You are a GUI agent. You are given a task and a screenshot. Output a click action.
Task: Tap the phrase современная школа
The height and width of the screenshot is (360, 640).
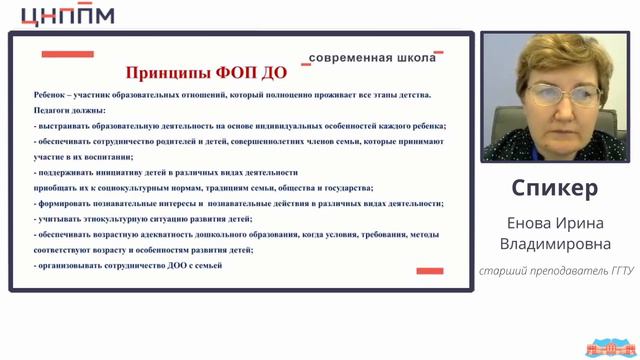click(x=372, y=58)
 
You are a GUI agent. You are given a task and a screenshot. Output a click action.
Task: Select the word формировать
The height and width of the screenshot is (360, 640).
click(x=68, y=204)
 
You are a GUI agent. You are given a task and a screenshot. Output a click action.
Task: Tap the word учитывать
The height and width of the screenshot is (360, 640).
click(x=62, y=219)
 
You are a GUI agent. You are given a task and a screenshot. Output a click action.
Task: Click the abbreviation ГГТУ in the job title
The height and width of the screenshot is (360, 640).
click(x=609, y=271)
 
